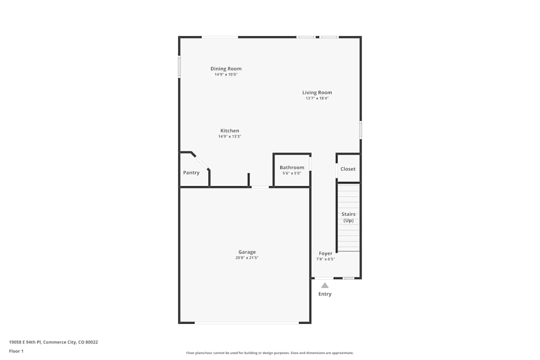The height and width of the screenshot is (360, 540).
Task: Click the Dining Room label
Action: (226, 69)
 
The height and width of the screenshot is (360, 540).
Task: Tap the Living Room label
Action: (317, 92)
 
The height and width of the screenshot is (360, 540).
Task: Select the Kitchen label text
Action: (230, 131)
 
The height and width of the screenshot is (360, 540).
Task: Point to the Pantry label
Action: (191, 173)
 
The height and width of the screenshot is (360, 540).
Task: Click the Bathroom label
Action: (292, 167)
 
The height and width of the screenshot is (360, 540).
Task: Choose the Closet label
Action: (348, 169)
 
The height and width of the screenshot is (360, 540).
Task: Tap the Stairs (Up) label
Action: (348, 217)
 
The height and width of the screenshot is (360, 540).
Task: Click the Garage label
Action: (247, 252)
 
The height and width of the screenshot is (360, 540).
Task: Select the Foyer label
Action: (326, 253)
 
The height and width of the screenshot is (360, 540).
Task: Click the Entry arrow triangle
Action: (325, 285)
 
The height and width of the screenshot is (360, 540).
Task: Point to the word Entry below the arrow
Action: (325, 294)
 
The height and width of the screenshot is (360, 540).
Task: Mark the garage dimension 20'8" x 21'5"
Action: (247, 258)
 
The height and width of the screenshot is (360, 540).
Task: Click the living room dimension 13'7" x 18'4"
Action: (317, 98)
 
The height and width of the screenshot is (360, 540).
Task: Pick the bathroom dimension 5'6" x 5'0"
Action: (292, 173)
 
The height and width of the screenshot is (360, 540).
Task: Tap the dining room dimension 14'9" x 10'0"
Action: (226, 74)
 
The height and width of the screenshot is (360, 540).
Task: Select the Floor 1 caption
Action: (16, 351)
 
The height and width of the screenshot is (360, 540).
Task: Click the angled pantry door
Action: (201, 161)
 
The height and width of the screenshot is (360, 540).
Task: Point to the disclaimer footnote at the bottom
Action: (270, 353)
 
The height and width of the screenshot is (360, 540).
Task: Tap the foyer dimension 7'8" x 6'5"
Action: (326, 259)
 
